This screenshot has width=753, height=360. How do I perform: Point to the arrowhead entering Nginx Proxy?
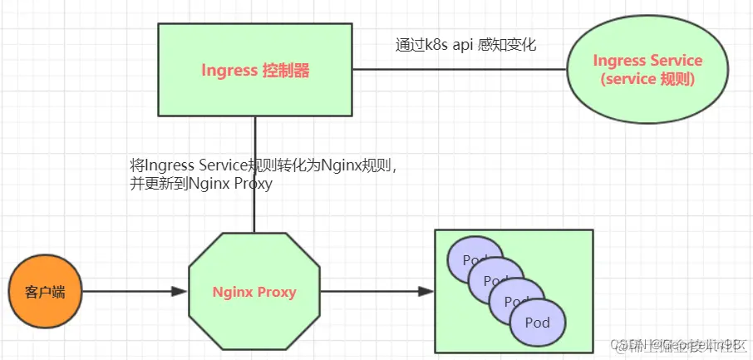point(179,292)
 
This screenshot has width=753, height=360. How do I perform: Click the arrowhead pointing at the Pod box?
point(426,292)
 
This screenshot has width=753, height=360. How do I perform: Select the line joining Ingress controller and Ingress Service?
point(457,71)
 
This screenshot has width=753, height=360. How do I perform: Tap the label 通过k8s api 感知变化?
point(465,45)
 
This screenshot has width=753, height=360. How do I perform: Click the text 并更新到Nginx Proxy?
point(200,184)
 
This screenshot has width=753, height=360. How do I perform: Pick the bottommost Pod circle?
point(539,322)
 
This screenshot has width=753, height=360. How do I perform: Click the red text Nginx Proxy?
point(254,292)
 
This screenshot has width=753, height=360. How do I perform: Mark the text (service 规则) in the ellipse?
point(647,80)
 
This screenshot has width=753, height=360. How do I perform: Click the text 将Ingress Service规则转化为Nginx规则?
point(264,165)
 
